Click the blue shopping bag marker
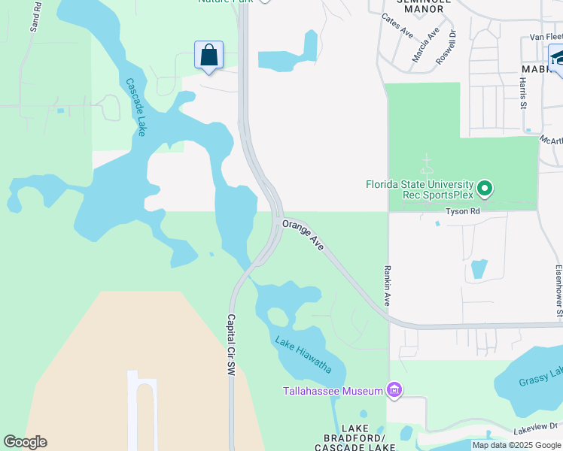[x=209, y=56]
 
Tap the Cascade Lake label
[x=136, y=107]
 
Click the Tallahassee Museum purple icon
[x=394, y=389]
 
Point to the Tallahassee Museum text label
[x=333, y=390]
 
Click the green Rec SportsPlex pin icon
[x=485, y=187]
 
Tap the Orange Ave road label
[x=303, y=235]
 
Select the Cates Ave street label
[x=397, y=26]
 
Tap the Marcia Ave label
[x=425, y=44]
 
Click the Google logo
[x=25, y=442]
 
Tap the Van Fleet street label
[x=546, y=36]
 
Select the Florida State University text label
[x=419, y=183]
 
